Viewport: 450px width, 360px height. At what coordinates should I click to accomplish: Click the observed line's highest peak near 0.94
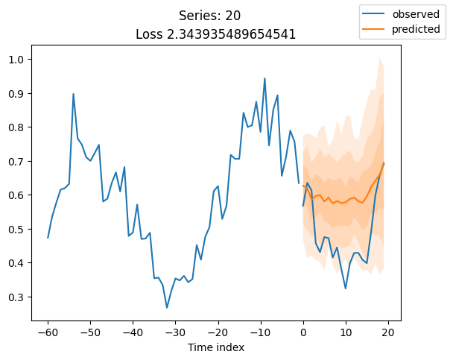pyautogui.click(x=264, y=78)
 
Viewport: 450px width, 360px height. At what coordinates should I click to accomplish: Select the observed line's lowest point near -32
pyautogui.click(x=167, y=308)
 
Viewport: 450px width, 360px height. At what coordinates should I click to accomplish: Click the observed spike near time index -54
pyautogui.click(x=73, y=94)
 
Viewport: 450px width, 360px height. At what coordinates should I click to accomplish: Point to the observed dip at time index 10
pyautogui.click(x=346, y=288)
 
